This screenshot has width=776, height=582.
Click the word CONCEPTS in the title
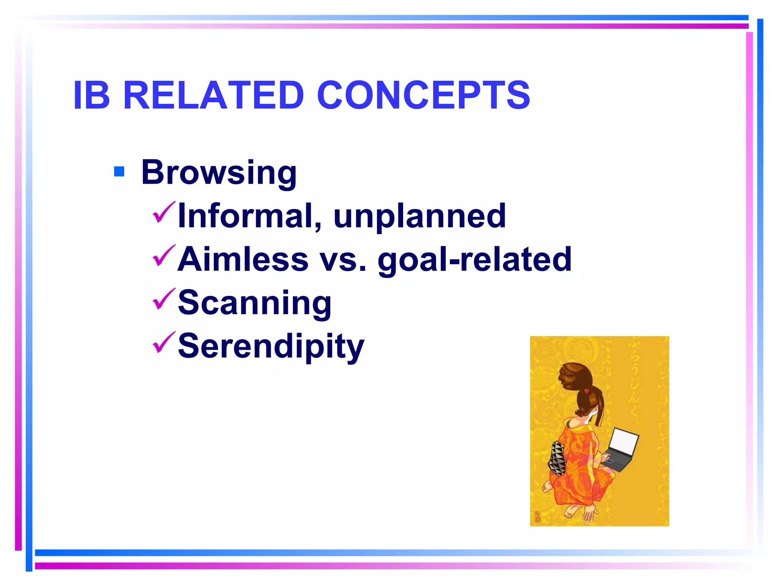(x=423, y=95)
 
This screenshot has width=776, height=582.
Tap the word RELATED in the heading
(x=214, y=95)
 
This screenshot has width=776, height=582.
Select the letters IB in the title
(x=91, y=95)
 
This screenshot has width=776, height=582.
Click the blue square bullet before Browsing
(x=119, y=172)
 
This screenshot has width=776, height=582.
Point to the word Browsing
(x=219, y=173)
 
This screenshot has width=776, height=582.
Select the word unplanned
(x=419, y=216)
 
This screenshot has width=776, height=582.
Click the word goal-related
(x=474, y=260)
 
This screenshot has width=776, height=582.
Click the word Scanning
(x=255, y=303)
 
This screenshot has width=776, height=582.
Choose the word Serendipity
(x=271, y=346)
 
